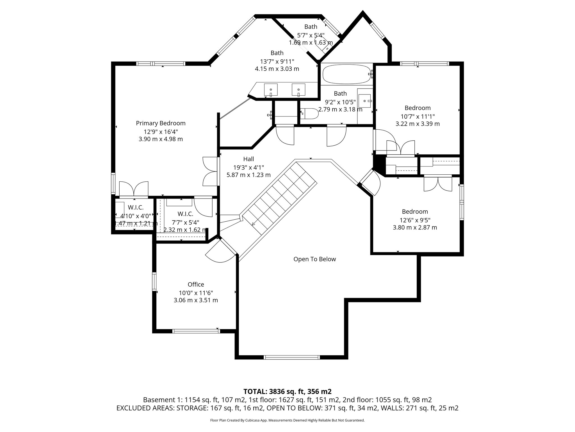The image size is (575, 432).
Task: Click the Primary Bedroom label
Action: click(161, 123)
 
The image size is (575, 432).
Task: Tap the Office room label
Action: click(196, 284)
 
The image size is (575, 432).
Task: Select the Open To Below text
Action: click(314, 259)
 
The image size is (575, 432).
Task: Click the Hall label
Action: click(248, 159)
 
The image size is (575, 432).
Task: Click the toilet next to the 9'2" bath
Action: click(309, 114)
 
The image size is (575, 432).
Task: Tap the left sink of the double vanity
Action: click(271, 90)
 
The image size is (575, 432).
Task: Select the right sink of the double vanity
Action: click(298, 90)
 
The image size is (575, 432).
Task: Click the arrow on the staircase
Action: click(254, 224)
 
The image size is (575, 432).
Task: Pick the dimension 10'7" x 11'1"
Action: click(417, 116)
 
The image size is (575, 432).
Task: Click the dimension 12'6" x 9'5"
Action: click(415, 220)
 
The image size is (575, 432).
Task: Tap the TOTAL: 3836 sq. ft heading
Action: click(287, 391)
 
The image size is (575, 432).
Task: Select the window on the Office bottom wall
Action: click(196, 331)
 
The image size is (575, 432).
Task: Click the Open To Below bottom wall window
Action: click(292, 357)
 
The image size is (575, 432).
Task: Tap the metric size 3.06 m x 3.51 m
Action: click(196, 300)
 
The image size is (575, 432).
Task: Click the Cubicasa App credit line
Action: click(287, 420)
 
